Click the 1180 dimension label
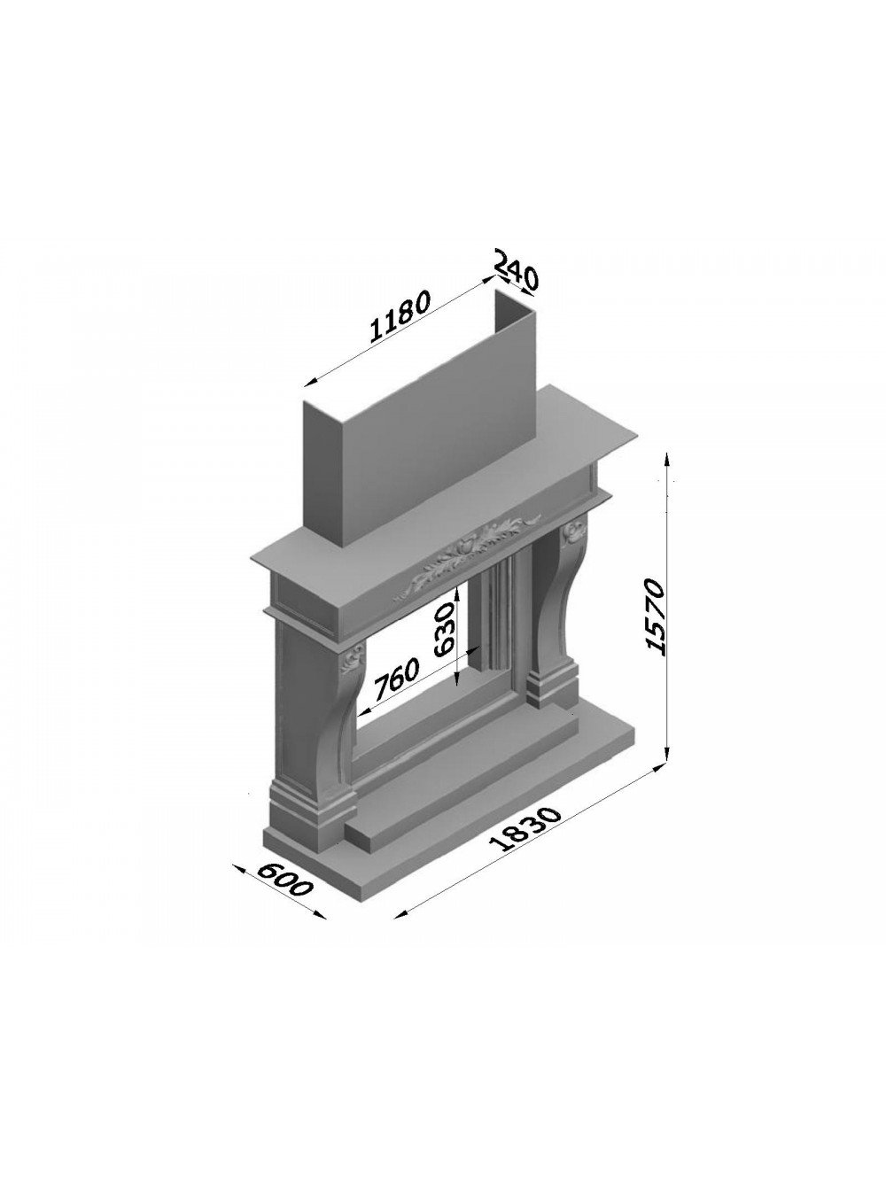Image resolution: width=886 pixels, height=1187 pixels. pos(400,316)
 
